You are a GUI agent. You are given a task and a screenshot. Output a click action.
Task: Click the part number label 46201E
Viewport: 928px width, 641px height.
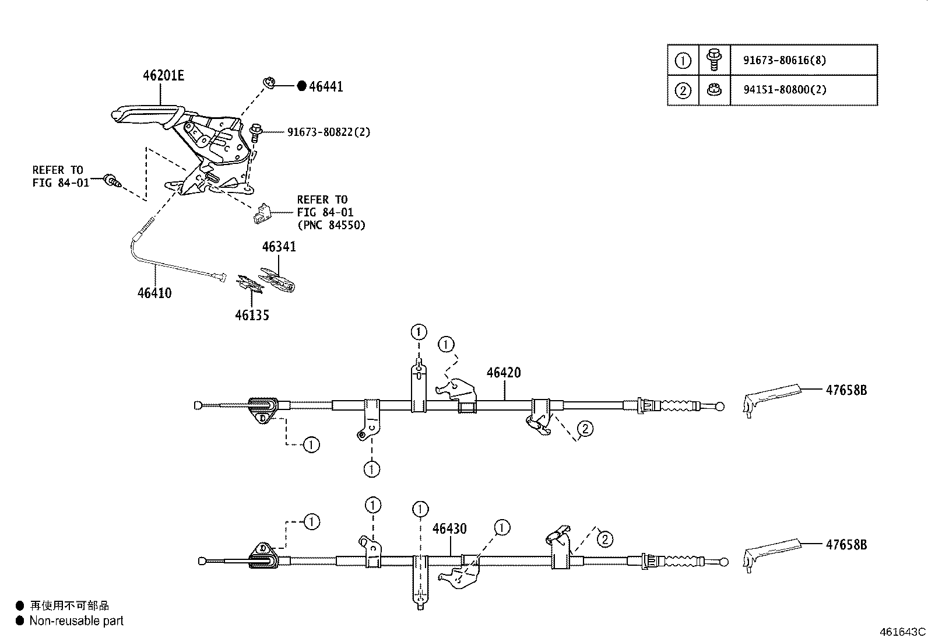[164, 75]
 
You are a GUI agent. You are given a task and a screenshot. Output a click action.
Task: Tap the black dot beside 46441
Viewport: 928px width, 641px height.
[301, 86]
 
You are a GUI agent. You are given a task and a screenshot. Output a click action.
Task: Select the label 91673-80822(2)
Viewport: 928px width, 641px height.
[329, 132]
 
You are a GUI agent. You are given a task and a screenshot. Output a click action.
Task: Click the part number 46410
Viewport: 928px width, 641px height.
[154, 293]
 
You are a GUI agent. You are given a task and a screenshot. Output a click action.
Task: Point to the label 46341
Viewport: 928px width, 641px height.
[279, 247]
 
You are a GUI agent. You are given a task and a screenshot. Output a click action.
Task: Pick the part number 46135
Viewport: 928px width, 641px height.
[252, 316]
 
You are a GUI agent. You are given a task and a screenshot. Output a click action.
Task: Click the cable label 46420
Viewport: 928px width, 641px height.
[504, 372]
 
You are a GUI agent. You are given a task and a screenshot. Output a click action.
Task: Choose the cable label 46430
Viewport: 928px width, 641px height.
[449, 529]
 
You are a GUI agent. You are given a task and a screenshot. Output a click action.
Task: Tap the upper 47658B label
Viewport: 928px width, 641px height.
[846, 390]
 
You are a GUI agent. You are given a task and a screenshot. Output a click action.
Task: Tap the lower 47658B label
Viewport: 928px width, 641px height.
[846, 545]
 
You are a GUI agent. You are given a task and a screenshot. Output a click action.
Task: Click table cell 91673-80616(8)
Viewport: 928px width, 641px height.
[785, 60]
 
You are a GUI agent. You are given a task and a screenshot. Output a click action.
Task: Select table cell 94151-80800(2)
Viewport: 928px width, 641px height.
[785, 90]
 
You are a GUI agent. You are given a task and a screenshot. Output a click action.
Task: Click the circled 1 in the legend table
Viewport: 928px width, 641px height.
[683, 60]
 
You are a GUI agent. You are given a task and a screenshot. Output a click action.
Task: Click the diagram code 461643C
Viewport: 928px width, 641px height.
[902, 632]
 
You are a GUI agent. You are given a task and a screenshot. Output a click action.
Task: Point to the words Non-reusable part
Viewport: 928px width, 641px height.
[76, 621]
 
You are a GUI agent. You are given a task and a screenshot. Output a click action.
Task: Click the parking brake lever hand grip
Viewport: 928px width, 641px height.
[143, 113]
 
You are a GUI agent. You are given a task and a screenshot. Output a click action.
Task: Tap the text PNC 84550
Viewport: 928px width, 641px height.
[331, 225]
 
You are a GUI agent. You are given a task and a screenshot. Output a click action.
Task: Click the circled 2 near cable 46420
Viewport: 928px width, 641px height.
[585, 429]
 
